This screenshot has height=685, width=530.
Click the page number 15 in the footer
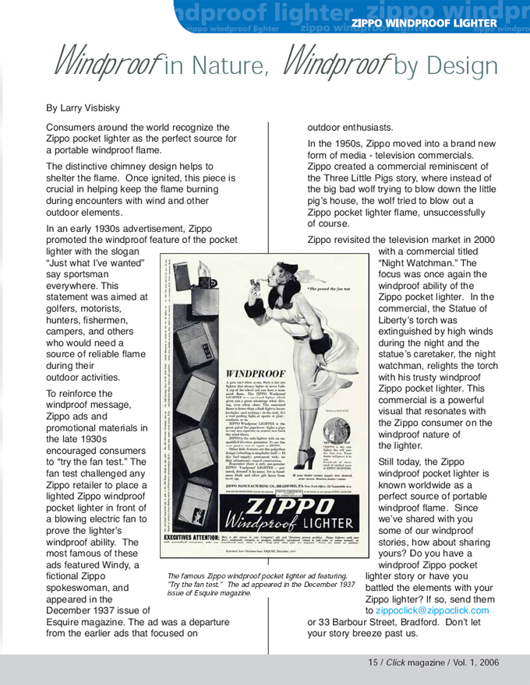coord(373,662)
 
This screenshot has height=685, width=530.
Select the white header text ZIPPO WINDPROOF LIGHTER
coord(423,23)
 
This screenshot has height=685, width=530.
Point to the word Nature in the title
coord(228,66)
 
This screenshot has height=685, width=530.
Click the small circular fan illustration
coord(337,430)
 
